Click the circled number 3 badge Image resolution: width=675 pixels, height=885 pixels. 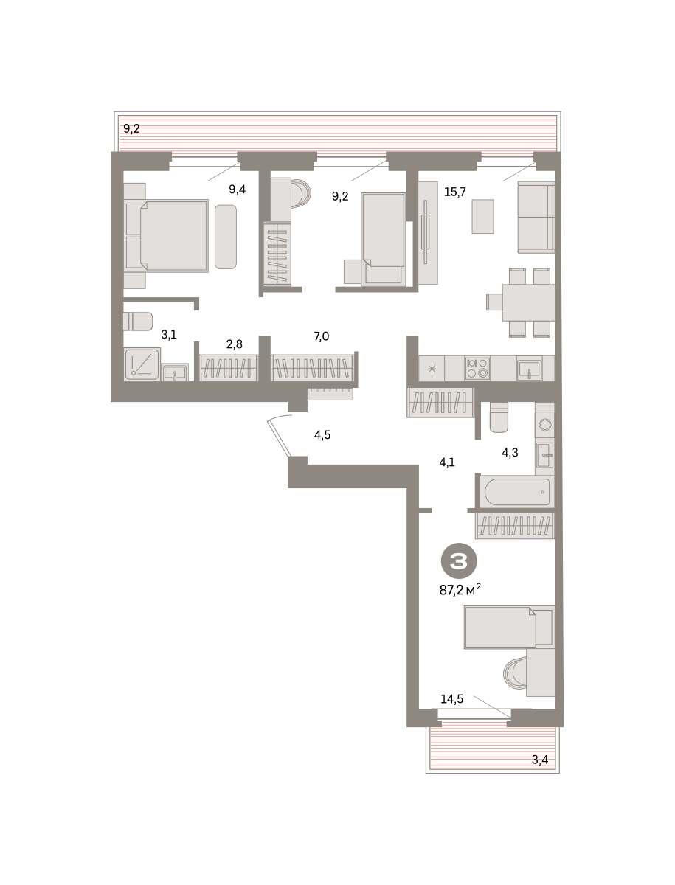459,560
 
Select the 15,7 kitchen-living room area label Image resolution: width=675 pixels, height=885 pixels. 455,192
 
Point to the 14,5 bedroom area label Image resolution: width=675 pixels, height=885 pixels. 451,698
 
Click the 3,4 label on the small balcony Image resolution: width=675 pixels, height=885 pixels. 539,760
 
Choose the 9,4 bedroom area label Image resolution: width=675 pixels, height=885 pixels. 237,189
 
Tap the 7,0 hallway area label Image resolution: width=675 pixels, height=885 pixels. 322,336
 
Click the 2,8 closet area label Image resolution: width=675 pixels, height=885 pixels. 235,344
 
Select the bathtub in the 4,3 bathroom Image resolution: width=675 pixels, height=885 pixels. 517,491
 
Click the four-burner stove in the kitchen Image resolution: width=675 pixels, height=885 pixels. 477,368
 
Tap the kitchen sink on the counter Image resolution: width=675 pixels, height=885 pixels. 530,369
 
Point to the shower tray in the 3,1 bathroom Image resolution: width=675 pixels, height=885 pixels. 142,364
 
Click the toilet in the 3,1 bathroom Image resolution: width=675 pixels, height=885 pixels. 138,322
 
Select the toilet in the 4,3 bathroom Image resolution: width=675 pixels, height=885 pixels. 499,417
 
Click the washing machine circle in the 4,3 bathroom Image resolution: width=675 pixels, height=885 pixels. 545,424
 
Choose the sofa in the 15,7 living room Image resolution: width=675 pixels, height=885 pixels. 536,218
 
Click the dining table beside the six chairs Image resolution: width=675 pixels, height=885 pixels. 529,302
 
